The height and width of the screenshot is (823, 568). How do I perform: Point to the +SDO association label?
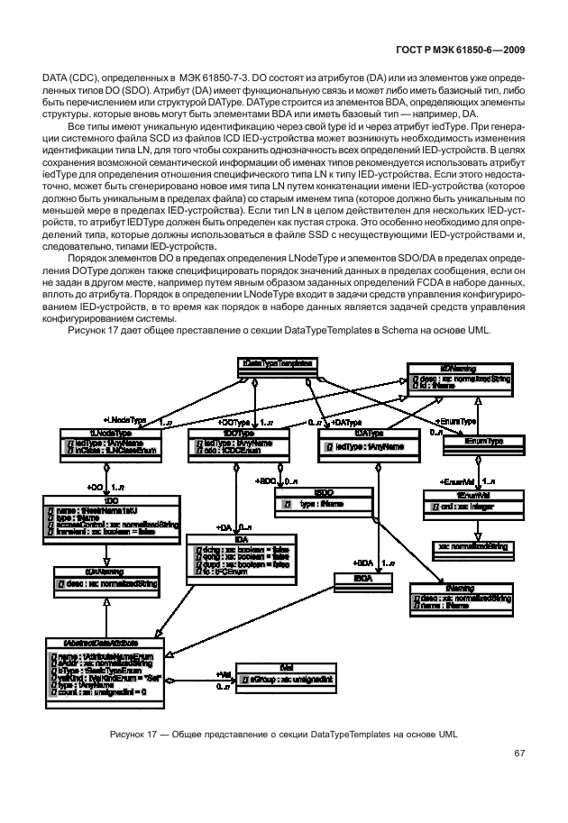click(x=264, y=481)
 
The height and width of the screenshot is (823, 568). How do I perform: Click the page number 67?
click(x=519, y=753)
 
